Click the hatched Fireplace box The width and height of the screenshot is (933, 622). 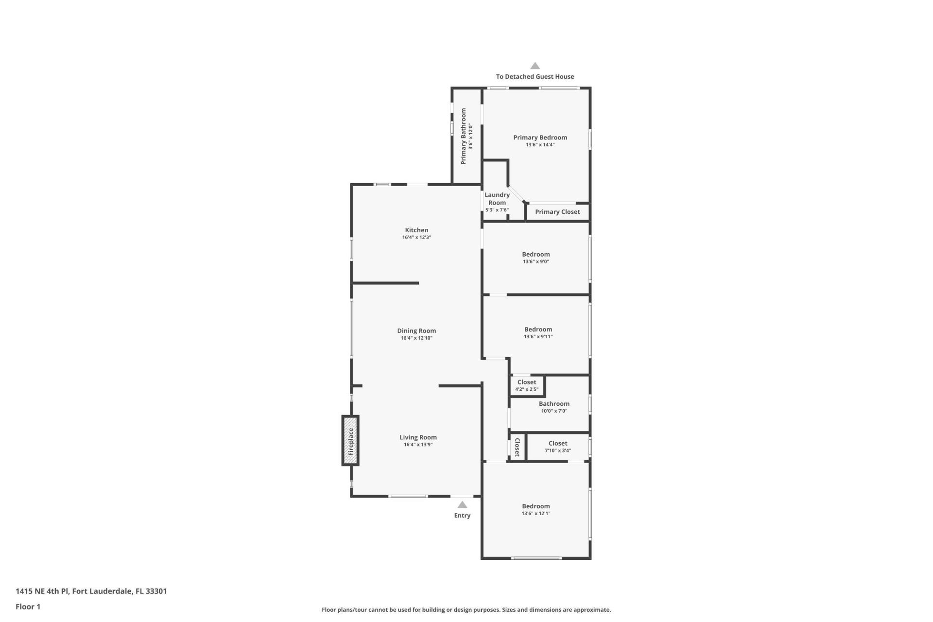click(x=350, y=441)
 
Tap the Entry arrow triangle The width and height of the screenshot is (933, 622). click(x=462, y=505)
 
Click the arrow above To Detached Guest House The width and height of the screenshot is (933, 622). click(x=535, y=66)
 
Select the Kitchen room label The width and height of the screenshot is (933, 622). click(x=416, y=230)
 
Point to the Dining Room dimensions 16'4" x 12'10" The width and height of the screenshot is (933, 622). click(x=416, y=338)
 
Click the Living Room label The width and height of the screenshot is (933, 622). click(x=418, y=437)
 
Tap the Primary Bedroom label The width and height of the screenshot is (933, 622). click(x=540, y=138)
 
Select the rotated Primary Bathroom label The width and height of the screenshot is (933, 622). click(x=464, y=137)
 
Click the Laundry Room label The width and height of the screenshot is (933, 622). click(x=497, y=199)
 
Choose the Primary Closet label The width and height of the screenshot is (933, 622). click(x=557, y=212)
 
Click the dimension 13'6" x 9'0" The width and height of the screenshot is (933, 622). click(x=536, y=261)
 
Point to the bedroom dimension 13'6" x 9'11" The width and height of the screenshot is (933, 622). click(x=538, y=337)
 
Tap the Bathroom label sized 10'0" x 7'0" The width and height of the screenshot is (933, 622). click(x=554, y=404)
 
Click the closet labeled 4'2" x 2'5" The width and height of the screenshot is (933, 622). click(x=527, y=385)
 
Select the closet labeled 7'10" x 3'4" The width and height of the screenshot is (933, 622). click(x=558, y=447)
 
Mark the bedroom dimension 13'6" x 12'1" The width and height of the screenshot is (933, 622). click(x=536, y=514)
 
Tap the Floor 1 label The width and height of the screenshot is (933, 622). click(x=28, y=606)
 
